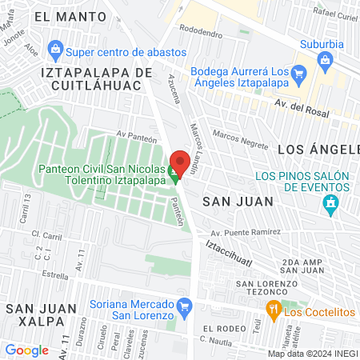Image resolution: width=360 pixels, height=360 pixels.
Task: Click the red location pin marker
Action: coord(180,162)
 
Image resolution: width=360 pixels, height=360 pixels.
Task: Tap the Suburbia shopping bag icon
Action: coord(324,60)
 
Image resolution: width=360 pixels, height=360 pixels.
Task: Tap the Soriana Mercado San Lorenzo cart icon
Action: coord(185,306)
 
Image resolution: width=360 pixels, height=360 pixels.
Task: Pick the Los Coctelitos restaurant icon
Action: coord(273,310)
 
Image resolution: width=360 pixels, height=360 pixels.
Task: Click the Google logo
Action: coord(26,350)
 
